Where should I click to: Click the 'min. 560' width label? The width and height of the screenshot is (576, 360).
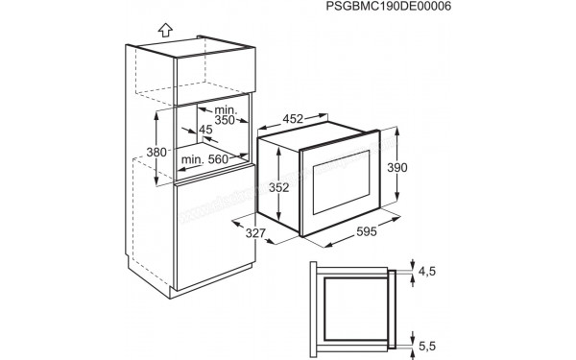(x=204, y=158)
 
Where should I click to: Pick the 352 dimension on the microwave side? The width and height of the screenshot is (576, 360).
(x=276, y=188)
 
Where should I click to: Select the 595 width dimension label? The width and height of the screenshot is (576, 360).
(x=360, y=231)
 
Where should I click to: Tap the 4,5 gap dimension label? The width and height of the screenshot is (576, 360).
(x=427, y=273)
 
